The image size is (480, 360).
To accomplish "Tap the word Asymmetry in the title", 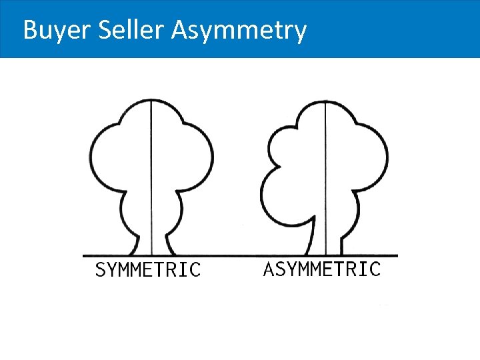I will [x=239, y=31].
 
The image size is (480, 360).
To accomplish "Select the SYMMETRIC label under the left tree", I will [x=147, y=269].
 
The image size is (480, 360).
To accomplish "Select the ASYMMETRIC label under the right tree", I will [x=322, y=269].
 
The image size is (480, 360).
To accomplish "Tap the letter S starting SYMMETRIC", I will [x=101, y=270].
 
